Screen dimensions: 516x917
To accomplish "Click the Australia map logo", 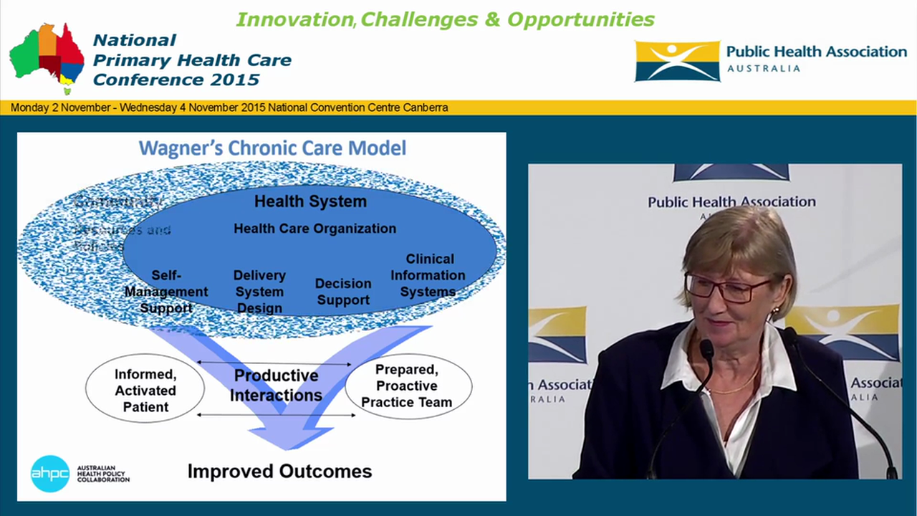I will pyautogui.click(x=47, y=57).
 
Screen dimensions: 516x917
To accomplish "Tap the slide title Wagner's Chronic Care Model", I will pyautogui.click(x=272, y=148).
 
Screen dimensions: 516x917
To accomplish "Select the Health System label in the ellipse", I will pyautogui.click(x=310, y=201).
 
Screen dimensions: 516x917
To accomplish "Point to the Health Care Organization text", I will pyautogui.click(x=315, y=229).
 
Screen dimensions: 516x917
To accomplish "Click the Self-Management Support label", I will pyautogui.click(x=166, y=292).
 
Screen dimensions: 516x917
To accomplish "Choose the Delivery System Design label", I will pyautogui.click(x=259, y=292).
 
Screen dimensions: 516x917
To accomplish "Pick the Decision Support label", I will pyautogui.click(x=343, y=292).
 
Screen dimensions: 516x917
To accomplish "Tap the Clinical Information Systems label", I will pyautogui.click(x=428, y=275).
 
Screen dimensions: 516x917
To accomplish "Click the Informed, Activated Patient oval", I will pyautogui.click(x=145, y=391).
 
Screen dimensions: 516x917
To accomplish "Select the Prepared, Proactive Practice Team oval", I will pyautogui.click(x=407, y=386).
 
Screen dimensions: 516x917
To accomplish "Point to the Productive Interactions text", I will pyautogui.click(x=276, y=386).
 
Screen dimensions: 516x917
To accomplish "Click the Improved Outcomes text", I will pyautogui.click(x=279, y=471).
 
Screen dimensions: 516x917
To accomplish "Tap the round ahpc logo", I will pyautogui.click(x=50, y=474).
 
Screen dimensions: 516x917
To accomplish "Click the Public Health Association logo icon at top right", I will pyautogui.click(x=677, y=61).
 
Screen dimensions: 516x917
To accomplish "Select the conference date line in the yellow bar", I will pyautogui.click(x=229, y=107).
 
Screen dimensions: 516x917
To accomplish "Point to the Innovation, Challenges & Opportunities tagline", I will pyautogui.click(x=445, y=19).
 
